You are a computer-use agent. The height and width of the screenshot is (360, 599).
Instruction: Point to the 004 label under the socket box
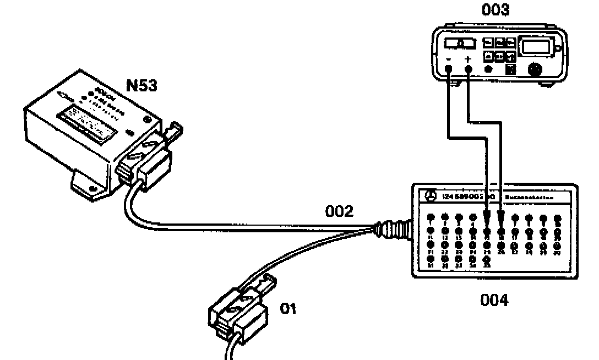[493, 300]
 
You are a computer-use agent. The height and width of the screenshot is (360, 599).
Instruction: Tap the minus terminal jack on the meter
[449, 69]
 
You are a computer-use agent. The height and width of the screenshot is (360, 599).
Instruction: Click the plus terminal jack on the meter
[469, 69]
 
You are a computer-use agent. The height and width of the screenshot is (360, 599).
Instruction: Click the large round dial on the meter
[534, 70]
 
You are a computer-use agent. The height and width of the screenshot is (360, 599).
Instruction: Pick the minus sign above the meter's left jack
[449, 58]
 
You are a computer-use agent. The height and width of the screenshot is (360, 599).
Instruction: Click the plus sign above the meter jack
[469, 58]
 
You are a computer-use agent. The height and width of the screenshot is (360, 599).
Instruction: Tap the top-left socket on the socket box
[431, 216]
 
